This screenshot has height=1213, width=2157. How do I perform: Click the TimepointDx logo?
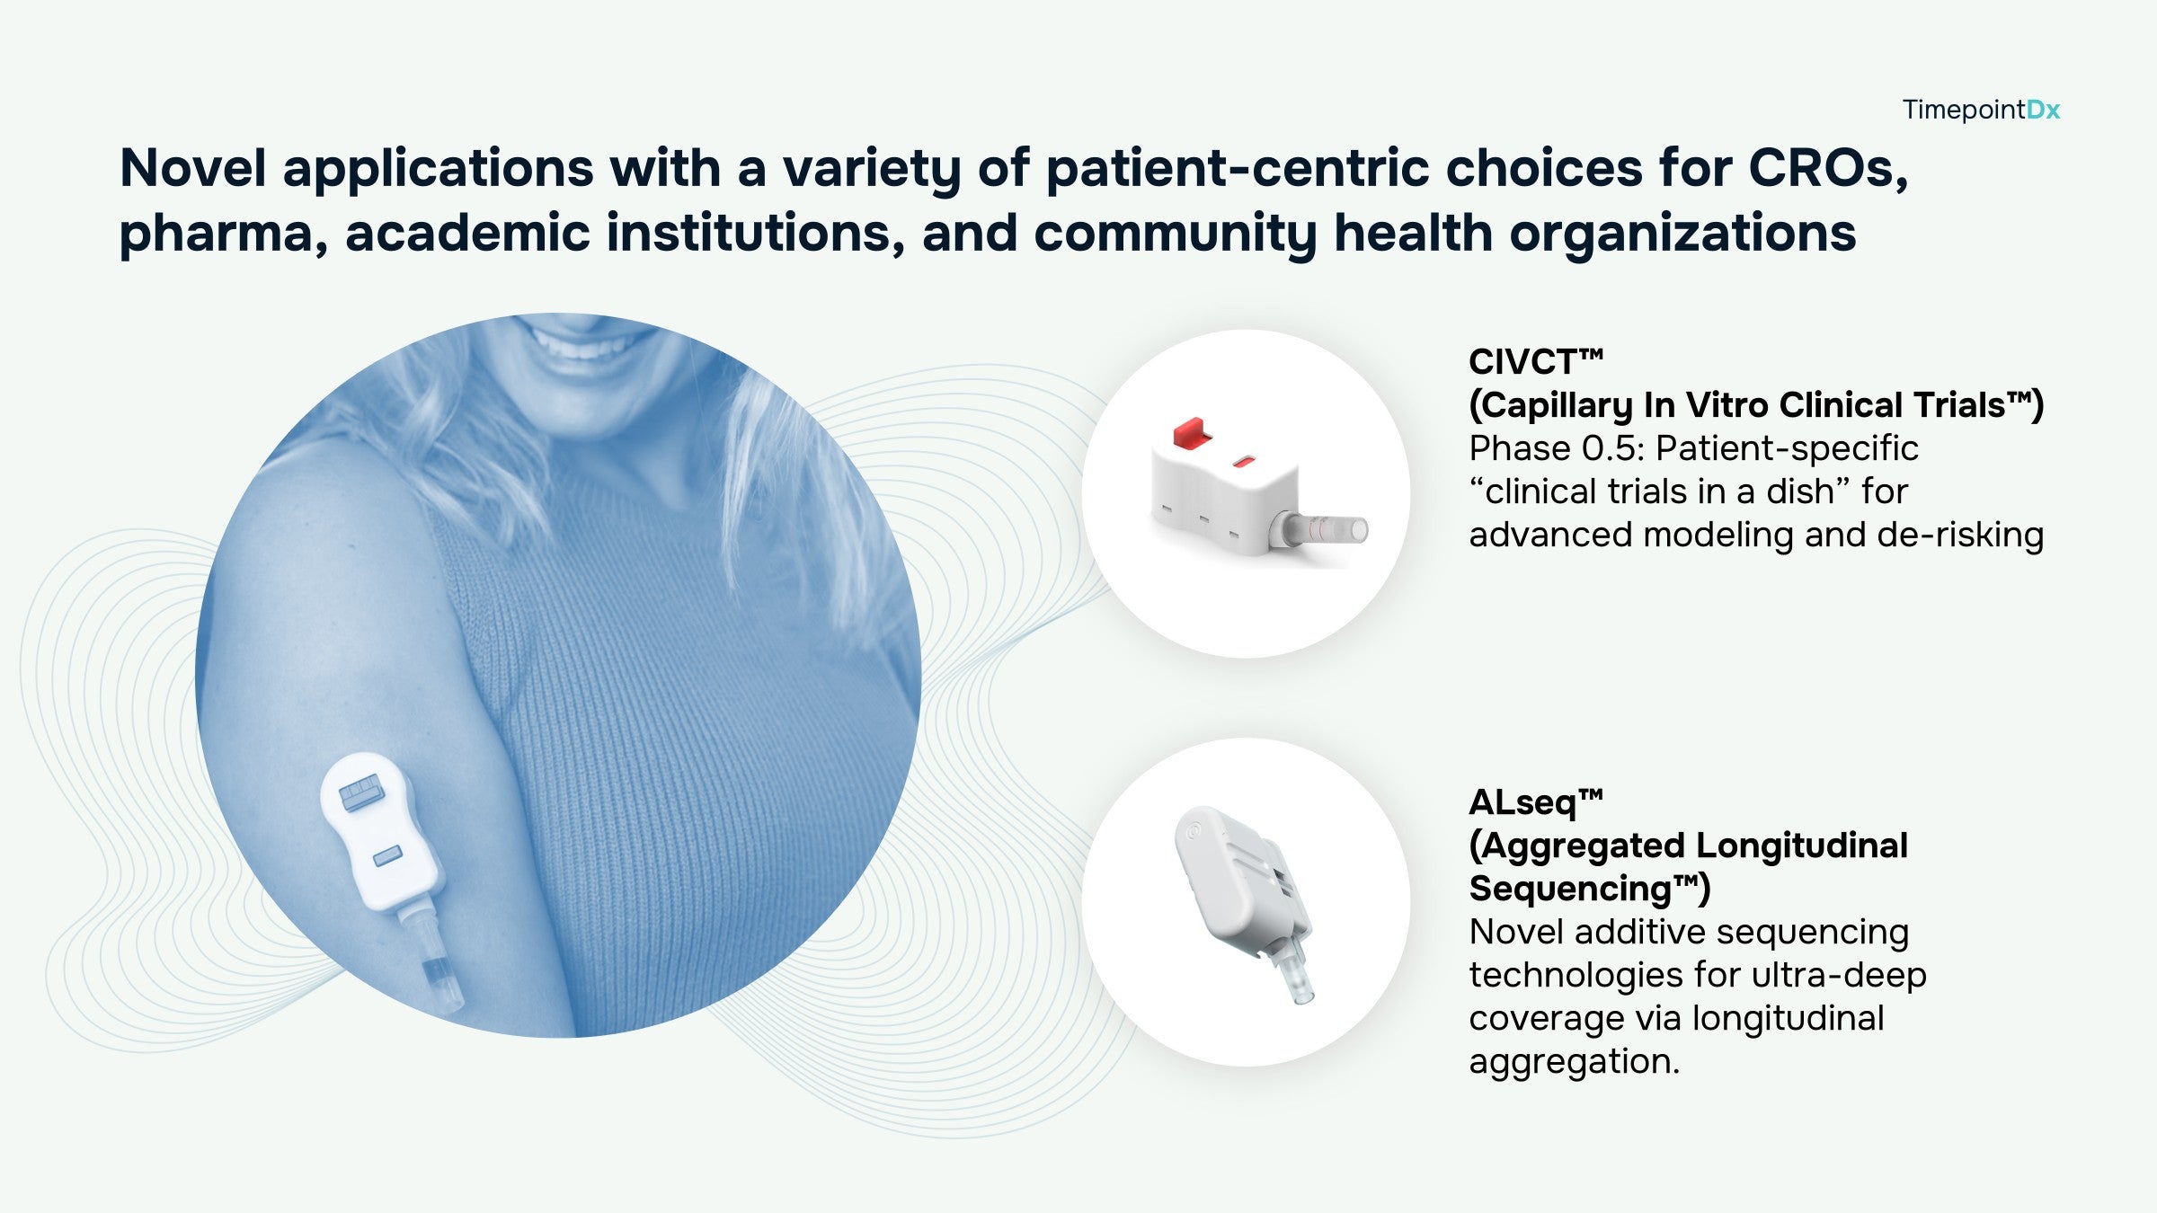1981,110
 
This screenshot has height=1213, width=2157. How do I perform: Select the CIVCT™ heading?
1536,361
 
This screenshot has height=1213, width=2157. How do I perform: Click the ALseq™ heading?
1536,801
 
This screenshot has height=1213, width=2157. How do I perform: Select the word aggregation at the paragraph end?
1574,1062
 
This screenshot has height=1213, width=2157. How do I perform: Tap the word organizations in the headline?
1682,235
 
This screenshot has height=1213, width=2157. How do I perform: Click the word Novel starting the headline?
193,168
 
